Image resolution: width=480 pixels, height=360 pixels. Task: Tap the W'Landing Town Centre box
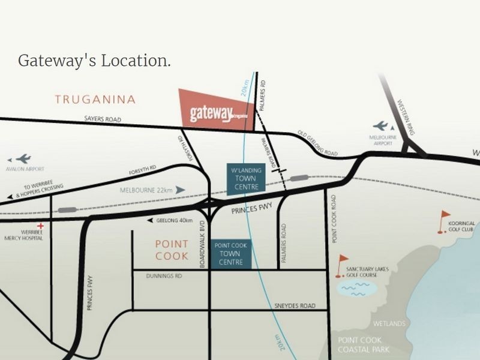click(246, 179)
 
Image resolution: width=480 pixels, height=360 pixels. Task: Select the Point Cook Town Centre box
click(230, 254)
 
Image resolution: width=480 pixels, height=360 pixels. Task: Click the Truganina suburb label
click(95, 100)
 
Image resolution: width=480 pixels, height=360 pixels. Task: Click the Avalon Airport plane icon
click(23, 159)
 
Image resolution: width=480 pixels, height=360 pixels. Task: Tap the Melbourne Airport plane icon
click(380, 125)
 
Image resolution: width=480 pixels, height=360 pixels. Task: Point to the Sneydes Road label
click(295, 306)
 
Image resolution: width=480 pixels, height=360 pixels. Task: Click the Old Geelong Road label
click(317, 145)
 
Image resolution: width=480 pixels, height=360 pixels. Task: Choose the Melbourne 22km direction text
click(146, 190)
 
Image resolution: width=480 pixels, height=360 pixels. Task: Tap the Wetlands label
click(388, 324)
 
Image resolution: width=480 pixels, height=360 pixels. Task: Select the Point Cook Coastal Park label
click(363, 344)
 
